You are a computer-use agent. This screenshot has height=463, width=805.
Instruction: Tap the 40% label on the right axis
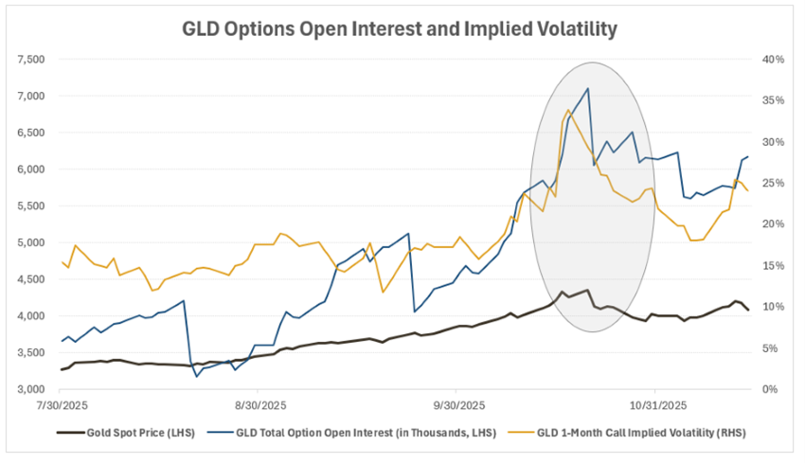pos(774,60)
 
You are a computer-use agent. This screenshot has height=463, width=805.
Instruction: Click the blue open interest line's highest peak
pos(588,89)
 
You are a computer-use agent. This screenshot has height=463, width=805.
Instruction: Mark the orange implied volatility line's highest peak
pos(567,111)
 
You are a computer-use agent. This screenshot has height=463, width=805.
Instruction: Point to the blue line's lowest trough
pos(197,377)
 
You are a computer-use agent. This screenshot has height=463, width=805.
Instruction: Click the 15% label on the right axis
pos(774,266)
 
